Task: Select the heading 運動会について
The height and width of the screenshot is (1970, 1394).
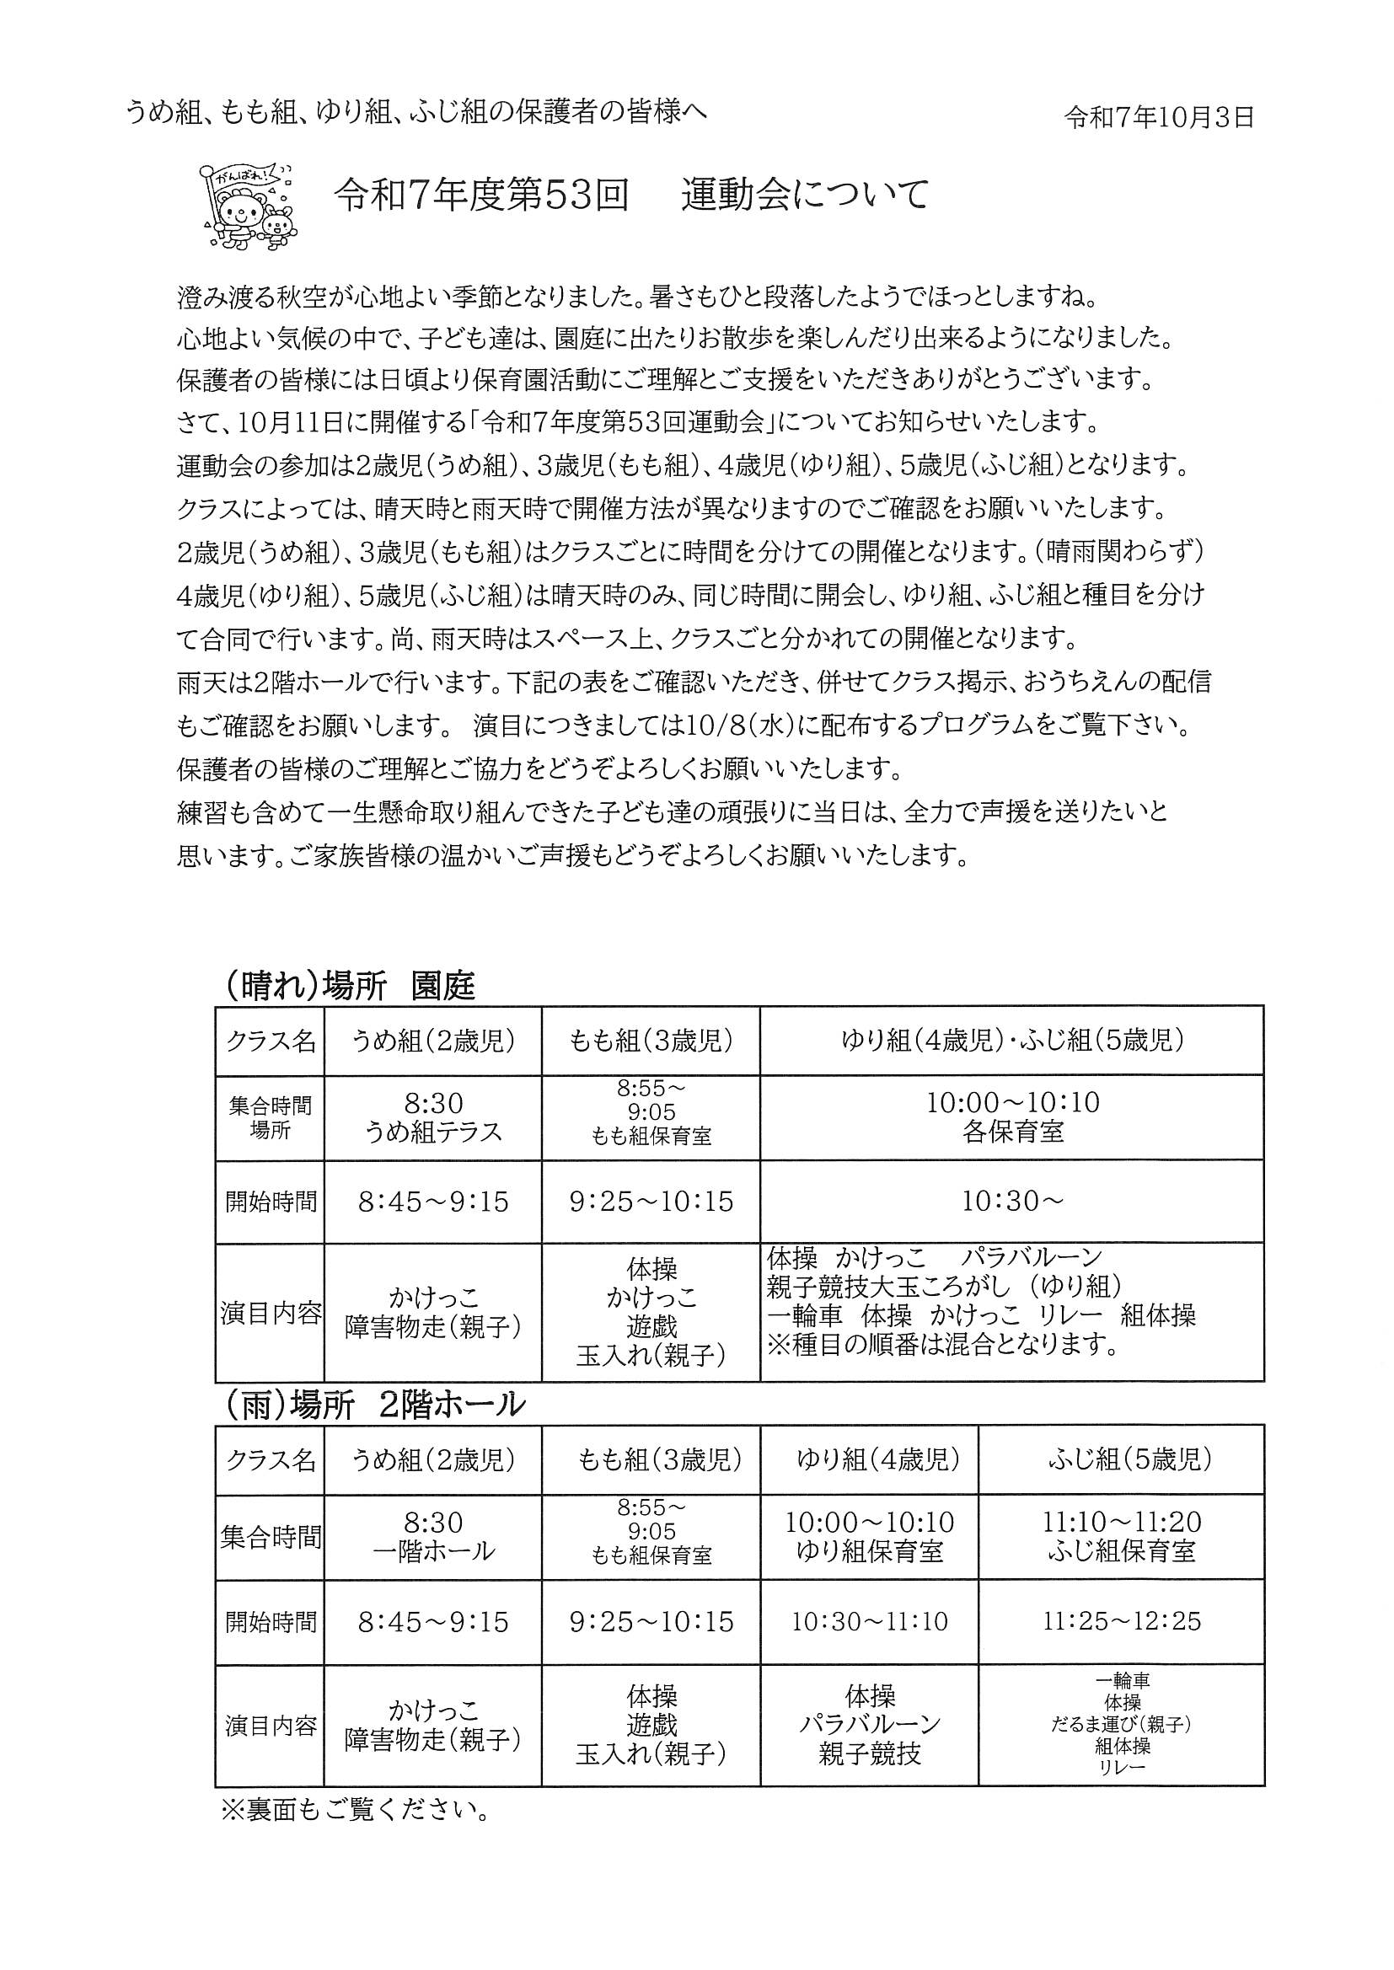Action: coord(805,196)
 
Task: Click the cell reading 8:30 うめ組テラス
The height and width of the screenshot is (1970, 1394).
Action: coord(432,1117)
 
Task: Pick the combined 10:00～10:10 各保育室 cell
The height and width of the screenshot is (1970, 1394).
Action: coord(1012,1117)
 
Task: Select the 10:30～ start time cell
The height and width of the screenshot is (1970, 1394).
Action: coord(1012,1202)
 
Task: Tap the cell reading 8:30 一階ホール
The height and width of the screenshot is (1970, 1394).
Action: coord(432,1537)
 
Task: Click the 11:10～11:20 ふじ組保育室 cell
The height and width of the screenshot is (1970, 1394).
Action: coord(1121,1537)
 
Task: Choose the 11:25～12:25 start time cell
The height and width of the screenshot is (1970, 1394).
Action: coord(1121,1621)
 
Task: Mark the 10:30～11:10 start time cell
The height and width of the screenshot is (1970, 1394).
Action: coord(869,1621)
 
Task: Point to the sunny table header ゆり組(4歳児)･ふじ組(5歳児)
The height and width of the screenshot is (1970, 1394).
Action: coord(1012,1041)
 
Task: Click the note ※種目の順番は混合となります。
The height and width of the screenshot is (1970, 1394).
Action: coord(944,1345)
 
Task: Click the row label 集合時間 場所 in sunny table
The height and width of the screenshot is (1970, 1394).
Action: coord(270,1118)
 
